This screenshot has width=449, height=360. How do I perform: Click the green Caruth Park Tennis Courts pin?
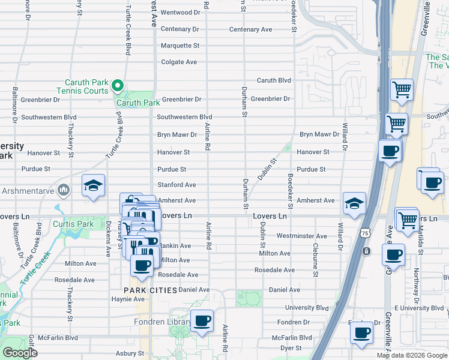click(118, 86)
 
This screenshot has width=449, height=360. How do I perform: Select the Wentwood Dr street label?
click(180, 12)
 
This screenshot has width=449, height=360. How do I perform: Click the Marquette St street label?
click(179, 46)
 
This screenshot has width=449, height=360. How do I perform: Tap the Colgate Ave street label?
click(179, 62)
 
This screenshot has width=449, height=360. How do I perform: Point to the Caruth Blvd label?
click(274, 80)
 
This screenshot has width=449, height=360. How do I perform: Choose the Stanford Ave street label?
click(176, 185)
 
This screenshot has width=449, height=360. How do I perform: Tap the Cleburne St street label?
click(315, 260)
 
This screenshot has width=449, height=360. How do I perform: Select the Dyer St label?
click(291, 347)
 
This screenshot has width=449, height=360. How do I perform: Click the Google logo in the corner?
click(20, 353)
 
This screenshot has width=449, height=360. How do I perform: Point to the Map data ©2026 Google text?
click(411, 355)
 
